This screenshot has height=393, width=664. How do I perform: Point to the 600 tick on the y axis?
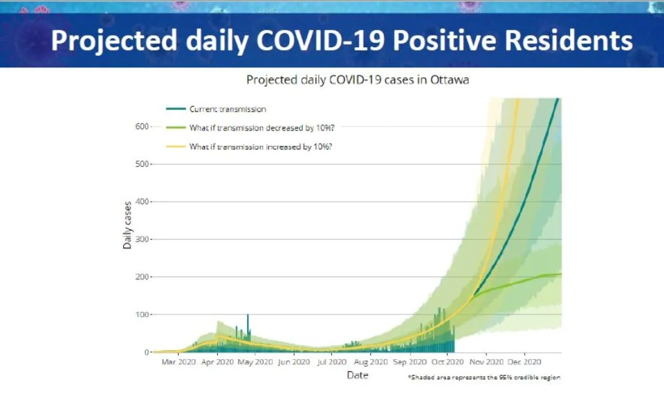tap(141, 126)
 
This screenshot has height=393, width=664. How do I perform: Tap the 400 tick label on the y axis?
tap(141, 202)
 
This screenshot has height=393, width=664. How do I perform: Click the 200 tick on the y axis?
tap(141, 277)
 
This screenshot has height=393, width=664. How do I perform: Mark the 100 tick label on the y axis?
tap(141, 315)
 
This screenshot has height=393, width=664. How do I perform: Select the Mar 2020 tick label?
tap(178, 362)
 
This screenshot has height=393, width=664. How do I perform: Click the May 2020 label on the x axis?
tap(255, 362)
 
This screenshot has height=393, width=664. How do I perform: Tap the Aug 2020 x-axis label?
tap(370, 362)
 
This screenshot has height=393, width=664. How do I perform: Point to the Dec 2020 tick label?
tap(524, 362)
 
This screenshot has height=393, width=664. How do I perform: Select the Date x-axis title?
tap(357, 375)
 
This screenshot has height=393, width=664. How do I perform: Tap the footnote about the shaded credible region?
tap(484, 377)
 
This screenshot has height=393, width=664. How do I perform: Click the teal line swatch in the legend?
tap(174, 109)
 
